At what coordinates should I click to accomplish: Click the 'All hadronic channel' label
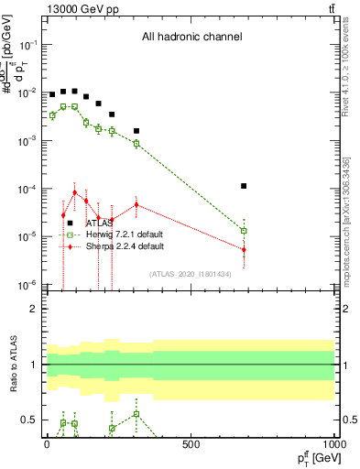(x=191, y=37)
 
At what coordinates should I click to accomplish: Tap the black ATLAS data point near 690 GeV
(x=244, y=186)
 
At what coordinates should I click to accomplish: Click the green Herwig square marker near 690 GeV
(x=244, y=231)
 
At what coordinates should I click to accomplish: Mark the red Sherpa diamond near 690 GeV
(x=244, y=249)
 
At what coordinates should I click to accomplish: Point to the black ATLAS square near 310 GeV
(x=136, y=131)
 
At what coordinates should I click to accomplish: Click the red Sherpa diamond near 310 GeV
(x=136, y=204)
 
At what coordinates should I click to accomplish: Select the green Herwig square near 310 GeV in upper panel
(x=136, y=144)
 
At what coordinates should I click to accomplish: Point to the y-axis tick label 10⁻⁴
(x=29, y=189)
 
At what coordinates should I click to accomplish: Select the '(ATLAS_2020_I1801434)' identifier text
(x=191, y=274)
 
